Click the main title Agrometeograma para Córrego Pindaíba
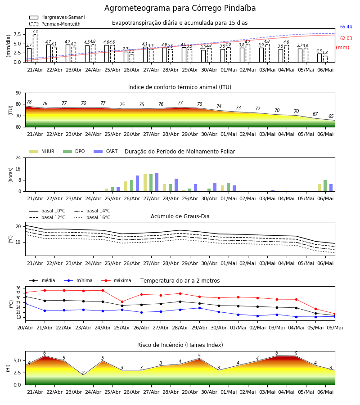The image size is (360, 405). [x=180, y=8]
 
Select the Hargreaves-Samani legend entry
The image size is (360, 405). [x=57, y=17]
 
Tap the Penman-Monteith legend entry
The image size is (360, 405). [x=55, y=24]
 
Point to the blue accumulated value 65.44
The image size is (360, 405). [x=346, y=27]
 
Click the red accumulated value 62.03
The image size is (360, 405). [x=346, y=38]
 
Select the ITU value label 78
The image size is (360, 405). [x=29, y=102]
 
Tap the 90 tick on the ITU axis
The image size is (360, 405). [x=18, y=93]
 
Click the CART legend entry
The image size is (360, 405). [x=106, y=151]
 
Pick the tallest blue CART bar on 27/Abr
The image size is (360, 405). [x=157, y=182]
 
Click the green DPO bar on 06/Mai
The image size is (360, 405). [x=325, y=186]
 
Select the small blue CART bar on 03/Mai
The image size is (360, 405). [x=273, y=191]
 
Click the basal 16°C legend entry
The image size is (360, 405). [x=92, y=217]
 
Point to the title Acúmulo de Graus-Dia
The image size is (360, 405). [x=180, y=216]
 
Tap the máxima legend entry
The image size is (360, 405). [x=117, y=280]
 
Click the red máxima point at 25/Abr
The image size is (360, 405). [x=122, y=301]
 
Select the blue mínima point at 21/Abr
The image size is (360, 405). [x=45, y=310]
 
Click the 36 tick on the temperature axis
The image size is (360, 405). [x=18, y=288]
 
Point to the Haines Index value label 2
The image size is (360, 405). [x=83, y=373]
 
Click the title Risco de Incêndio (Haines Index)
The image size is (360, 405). [x=180, y=345]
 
